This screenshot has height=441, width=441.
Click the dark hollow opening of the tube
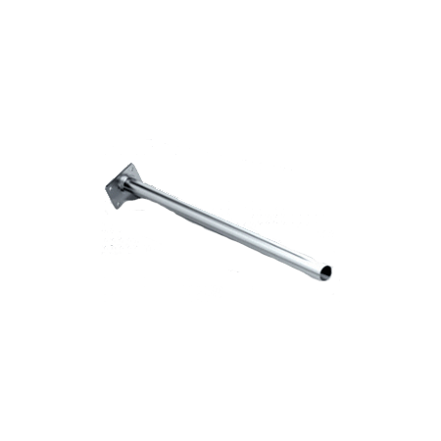[x=324, y=271]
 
